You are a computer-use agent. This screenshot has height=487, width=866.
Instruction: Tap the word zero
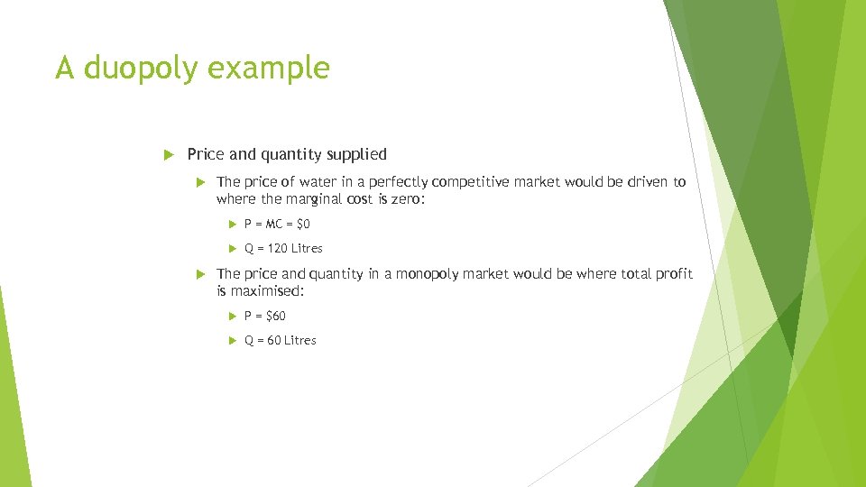point(404,199)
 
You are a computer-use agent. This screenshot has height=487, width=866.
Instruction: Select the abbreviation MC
point(274,224)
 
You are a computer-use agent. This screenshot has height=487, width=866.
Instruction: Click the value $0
point(302,224)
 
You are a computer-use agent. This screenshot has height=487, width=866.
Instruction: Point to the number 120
point(278,248)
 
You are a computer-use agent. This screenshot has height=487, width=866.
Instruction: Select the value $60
point(275,316)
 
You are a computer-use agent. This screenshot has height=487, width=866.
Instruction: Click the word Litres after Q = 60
point(300,340)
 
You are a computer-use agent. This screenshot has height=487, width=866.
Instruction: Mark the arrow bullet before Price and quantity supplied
point(166,154)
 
